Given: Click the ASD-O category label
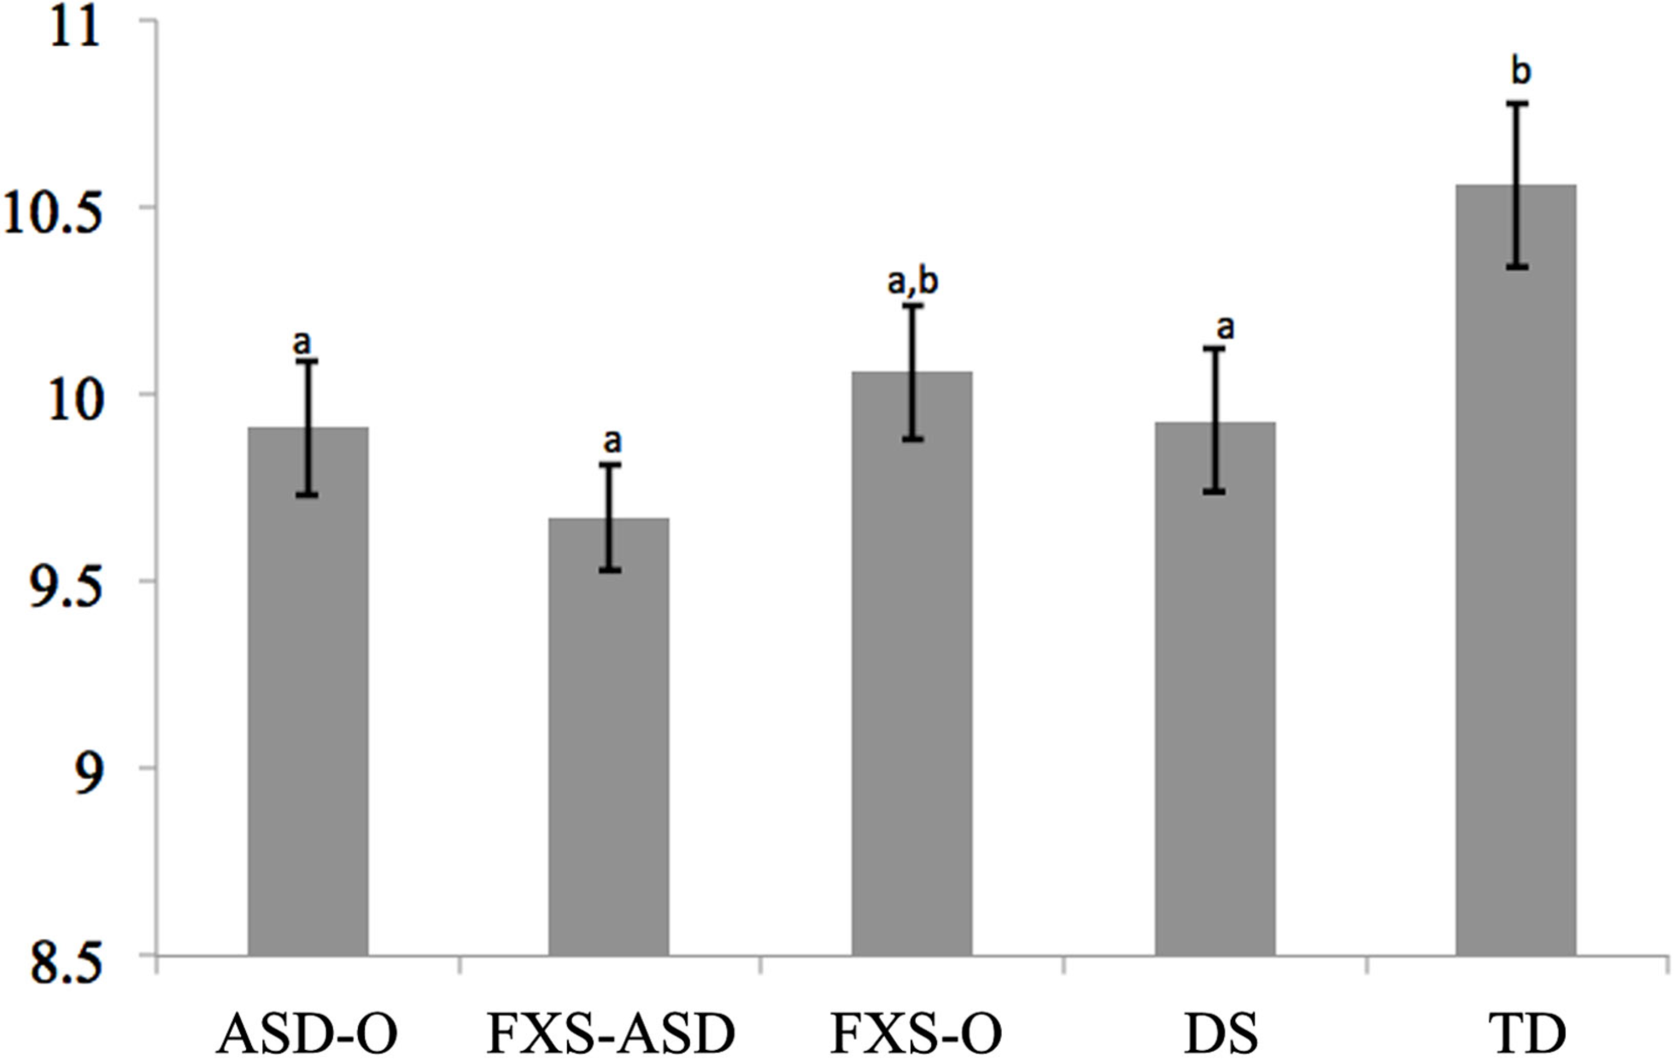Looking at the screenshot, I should coord(307,1034).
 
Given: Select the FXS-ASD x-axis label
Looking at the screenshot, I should coord(611,1034).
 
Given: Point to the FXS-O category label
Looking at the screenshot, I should coord(916,1034).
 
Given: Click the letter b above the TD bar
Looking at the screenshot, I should coord(1520,72).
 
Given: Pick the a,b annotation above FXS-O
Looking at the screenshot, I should coord(912,281).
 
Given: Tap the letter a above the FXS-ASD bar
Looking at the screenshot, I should coord(612,442).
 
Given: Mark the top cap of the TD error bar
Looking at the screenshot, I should coord(1517,103).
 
